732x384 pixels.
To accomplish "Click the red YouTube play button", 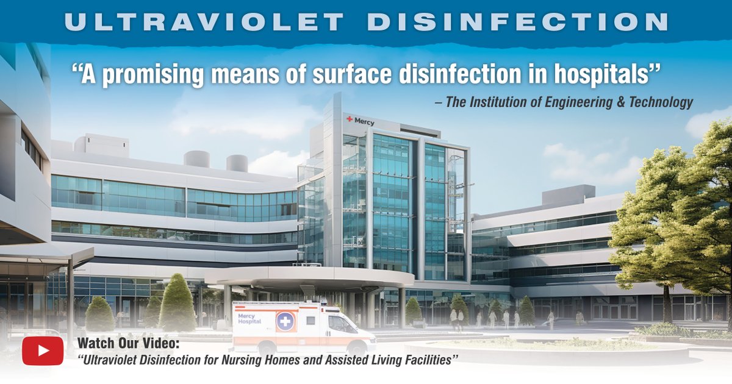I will point(43,350).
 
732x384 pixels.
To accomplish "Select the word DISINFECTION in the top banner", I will point(518,21).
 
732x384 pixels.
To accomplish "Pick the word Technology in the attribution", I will point(662,102).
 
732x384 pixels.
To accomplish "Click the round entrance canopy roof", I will point(311,278).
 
